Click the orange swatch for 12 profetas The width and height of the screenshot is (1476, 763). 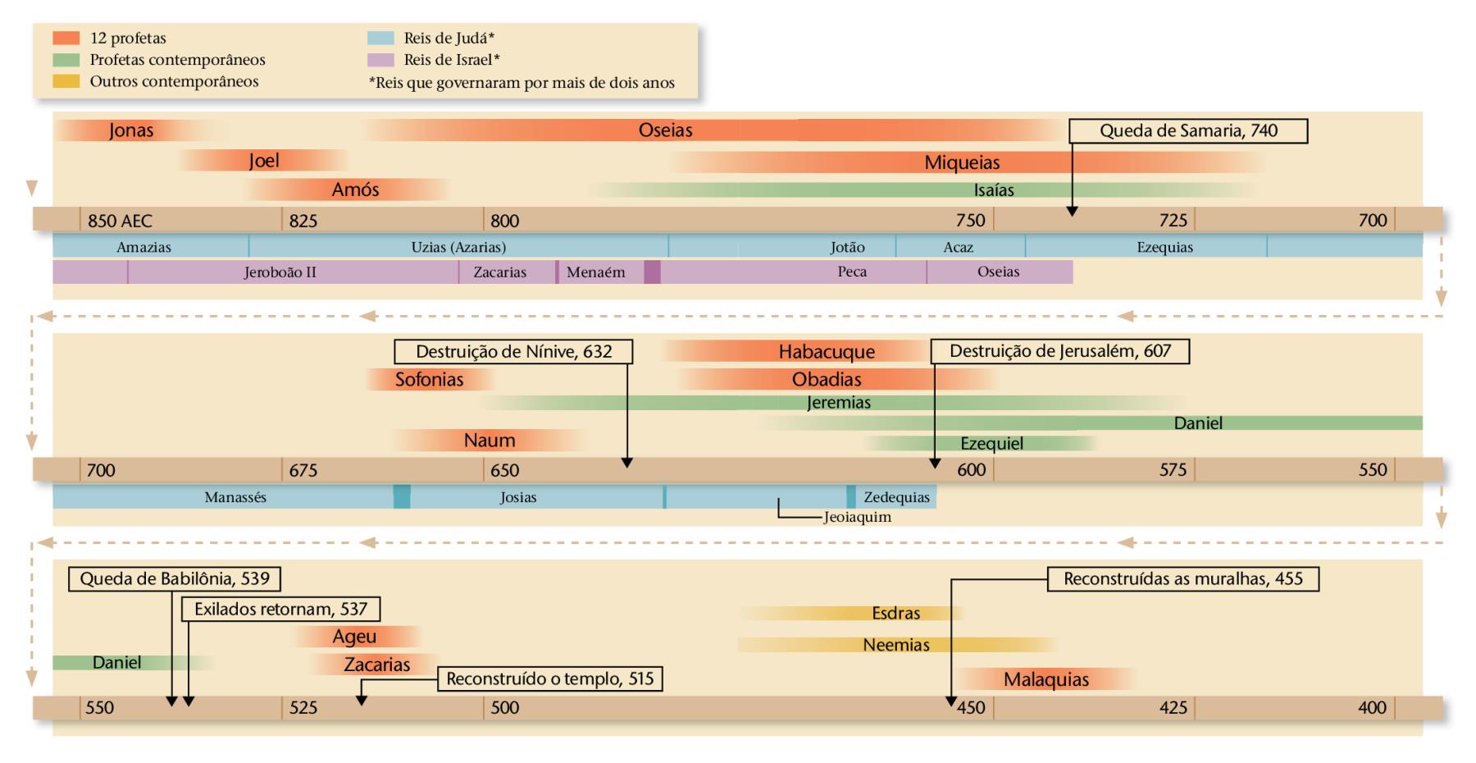(66, 38)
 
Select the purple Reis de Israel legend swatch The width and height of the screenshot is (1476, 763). (381, 60)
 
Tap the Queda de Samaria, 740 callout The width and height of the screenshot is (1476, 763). (1188, 131)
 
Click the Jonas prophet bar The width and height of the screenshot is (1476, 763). (131, 130)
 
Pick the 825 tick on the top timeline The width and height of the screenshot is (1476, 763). (302, 220)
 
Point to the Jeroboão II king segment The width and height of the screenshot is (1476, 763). (280, 272)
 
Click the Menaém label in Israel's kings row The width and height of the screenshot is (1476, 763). (595, 272)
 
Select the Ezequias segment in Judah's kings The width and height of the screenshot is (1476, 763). (1164, 247)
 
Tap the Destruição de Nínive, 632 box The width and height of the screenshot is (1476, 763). (513, 352)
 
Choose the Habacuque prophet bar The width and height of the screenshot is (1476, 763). (827, 352)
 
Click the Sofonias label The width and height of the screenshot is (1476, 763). (429, 380)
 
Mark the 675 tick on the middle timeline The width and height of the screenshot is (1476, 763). (302, 470)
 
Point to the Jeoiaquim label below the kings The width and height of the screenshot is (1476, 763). (857, 518)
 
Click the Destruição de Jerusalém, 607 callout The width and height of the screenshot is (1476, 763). (1059, 352)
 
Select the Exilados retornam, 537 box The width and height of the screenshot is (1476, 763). (280, 610)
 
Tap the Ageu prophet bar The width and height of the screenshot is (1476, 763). (354, 637)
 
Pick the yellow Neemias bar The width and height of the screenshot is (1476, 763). (896, 645)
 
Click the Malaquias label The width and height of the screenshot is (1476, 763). (1045, 679)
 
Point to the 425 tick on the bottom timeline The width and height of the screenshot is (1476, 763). (1173, 707)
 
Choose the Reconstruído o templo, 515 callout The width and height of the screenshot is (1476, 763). (549, 679)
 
